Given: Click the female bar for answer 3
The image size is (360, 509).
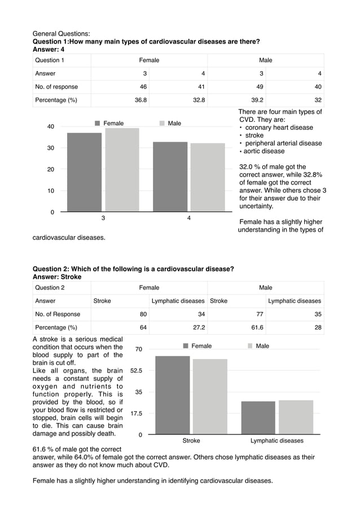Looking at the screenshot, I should pyautogui.click(x=85, y=172).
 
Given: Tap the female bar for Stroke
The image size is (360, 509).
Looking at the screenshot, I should pyautogui.click(x=172, y=395).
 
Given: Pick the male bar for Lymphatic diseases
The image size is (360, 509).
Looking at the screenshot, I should pyautogui.click(x=296, y=417).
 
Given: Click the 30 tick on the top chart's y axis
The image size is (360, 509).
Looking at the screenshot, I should pyautogui.click(x=51, y=148).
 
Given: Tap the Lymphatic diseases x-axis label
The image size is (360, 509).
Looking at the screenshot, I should pyautogui.click(x=276, y=441).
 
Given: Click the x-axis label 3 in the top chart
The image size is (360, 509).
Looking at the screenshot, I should pyautogui.click(x=103, y=218).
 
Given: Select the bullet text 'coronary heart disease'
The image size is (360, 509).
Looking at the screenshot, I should pyautogui.click(x=279, y=128).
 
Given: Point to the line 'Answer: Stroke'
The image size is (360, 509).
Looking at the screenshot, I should pyautogui.click(x=57, y=277).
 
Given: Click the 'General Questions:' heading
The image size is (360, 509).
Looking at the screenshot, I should pyautogui.click(x=62, y=34).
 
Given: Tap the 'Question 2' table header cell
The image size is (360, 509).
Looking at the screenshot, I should pyautogui.click(x=50, y=288).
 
